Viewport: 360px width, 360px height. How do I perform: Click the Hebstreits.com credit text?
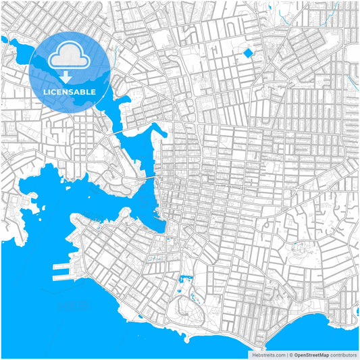tap(269, 354)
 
